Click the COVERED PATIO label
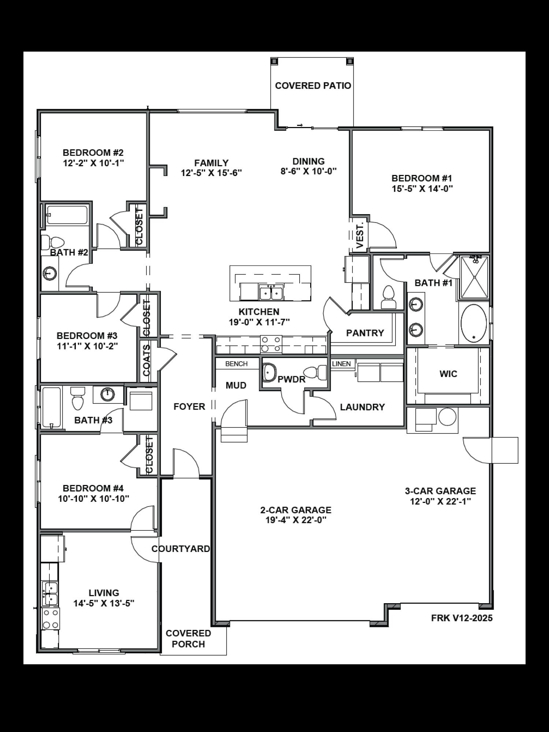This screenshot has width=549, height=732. pos(313,86)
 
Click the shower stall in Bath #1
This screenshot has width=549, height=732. pos(474,277)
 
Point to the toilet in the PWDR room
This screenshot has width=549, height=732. pos(315,372)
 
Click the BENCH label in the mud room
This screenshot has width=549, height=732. pos(236,364)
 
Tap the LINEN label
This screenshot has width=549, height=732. pos(341,364)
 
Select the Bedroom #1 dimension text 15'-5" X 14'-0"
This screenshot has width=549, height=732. pos(422,189)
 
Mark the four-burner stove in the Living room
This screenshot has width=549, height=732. pos(51,619)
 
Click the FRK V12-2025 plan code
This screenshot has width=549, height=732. pos(461,618)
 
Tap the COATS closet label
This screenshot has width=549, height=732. pos(146,361)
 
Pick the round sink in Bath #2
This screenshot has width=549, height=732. pos(49,273)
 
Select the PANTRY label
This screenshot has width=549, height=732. pos(365,333)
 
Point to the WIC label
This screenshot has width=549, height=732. pos(448,374)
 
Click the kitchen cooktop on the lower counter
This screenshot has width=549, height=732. pos(271,344)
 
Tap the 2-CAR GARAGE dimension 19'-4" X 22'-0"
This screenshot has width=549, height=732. pos(296,520)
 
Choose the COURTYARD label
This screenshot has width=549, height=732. pos(181,549)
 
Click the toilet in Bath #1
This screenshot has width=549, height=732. pos(388,298)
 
